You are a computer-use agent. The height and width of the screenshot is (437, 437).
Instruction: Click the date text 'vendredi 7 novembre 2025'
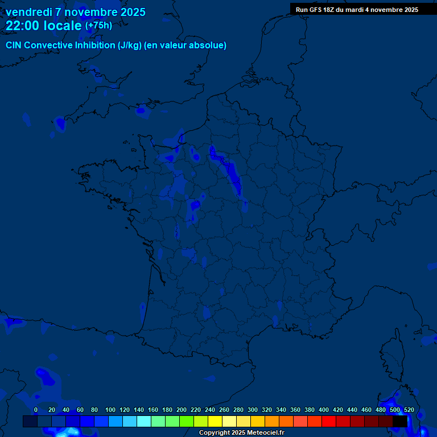point(75,12)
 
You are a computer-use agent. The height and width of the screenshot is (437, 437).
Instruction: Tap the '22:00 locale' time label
point(44,26)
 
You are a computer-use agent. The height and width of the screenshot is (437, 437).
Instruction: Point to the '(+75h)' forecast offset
point(98,26)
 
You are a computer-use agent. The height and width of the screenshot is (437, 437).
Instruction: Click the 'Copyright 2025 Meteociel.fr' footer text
point(241,433)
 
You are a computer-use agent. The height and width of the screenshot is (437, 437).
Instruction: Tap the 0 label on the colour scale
point(36,410)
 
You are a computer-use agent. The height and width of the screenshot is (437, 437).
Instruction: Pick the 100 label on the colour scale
point(110,410)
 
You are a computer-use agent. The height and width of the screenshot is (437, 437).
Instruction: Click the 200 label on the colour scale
point(182,410)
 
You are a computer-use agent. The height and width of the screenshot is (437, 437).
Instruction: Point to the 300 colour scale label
point(253,410)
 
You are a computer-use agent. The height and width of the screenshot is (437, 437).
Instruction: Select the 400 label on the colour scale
point(324,410)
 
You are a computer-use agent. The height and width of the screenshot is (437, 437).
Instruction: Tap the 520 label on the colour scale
point(409,410)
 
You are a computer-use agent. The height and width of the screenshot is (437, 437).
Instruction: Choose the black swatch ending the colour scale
point(400,422)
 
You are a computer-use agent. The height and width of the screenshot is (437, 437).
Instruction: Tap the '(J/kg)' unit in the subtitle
point(130,46)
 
